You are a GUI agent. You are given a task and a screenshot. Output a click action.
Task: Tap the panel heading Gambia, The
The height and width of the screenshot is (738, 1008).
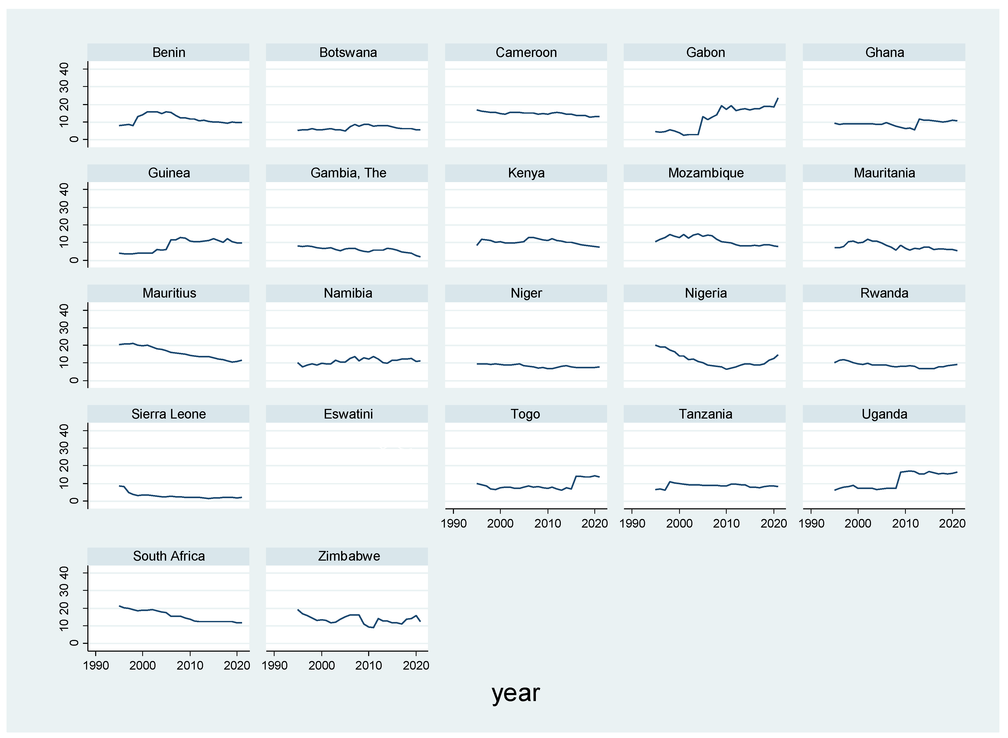click(348, 173)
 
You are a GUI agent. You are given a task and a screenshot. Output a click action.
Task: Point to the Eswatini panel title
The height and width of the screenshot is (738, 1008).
click(348, 414)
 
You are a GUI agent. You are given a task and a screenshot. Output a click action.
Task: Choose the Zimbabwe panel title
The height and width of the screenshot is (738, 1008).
click(349, 556)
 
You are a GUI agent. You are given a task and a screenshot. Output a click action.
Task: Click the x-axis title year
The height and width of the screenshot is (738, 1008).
click(516, 693)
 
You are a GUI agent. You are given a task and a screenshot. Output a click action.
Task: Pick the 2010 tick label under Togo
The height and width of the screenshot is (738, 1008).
click(547, 524)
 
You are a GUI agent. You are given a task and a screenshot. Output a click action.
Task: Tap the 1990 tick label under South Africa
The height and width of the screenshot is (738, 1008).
click(95, 666)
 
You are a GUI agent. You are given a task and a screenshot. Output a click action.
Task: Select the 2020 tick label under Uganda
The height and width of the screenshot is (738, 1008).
click(952, 524)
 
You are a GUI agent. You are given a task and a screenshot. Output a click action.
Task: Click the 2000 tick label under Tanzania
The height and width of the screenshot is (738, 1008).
click(679, 524)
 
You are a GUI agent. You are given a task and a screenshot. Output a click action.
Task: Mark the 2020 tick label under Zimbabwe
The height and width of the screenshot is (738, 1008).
click(416, 666)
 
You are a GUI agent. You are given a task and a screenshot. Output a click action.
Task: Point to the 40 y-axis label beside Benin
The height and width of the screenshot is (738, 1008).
click(64, 69)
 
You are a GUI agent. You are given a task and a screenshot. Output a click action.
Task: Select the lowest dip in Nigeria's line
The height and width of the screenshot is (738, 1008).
click(726, 369)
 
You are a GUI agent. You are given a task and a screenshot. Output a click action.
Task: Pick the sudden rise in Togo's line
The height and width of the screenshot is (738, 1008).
click(574, 483)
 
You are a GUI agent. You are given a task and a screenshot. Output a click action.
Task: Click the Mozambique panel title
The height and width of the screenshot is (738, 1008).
click(705, 173)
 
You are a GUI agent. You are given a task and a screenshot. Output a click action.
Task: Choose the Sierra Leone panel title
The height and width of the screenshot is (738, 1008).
click(169, 414)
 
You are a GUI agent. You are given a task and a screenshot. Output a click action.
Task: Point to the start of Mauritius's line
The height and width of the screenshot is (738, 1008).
click(120, 344)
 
